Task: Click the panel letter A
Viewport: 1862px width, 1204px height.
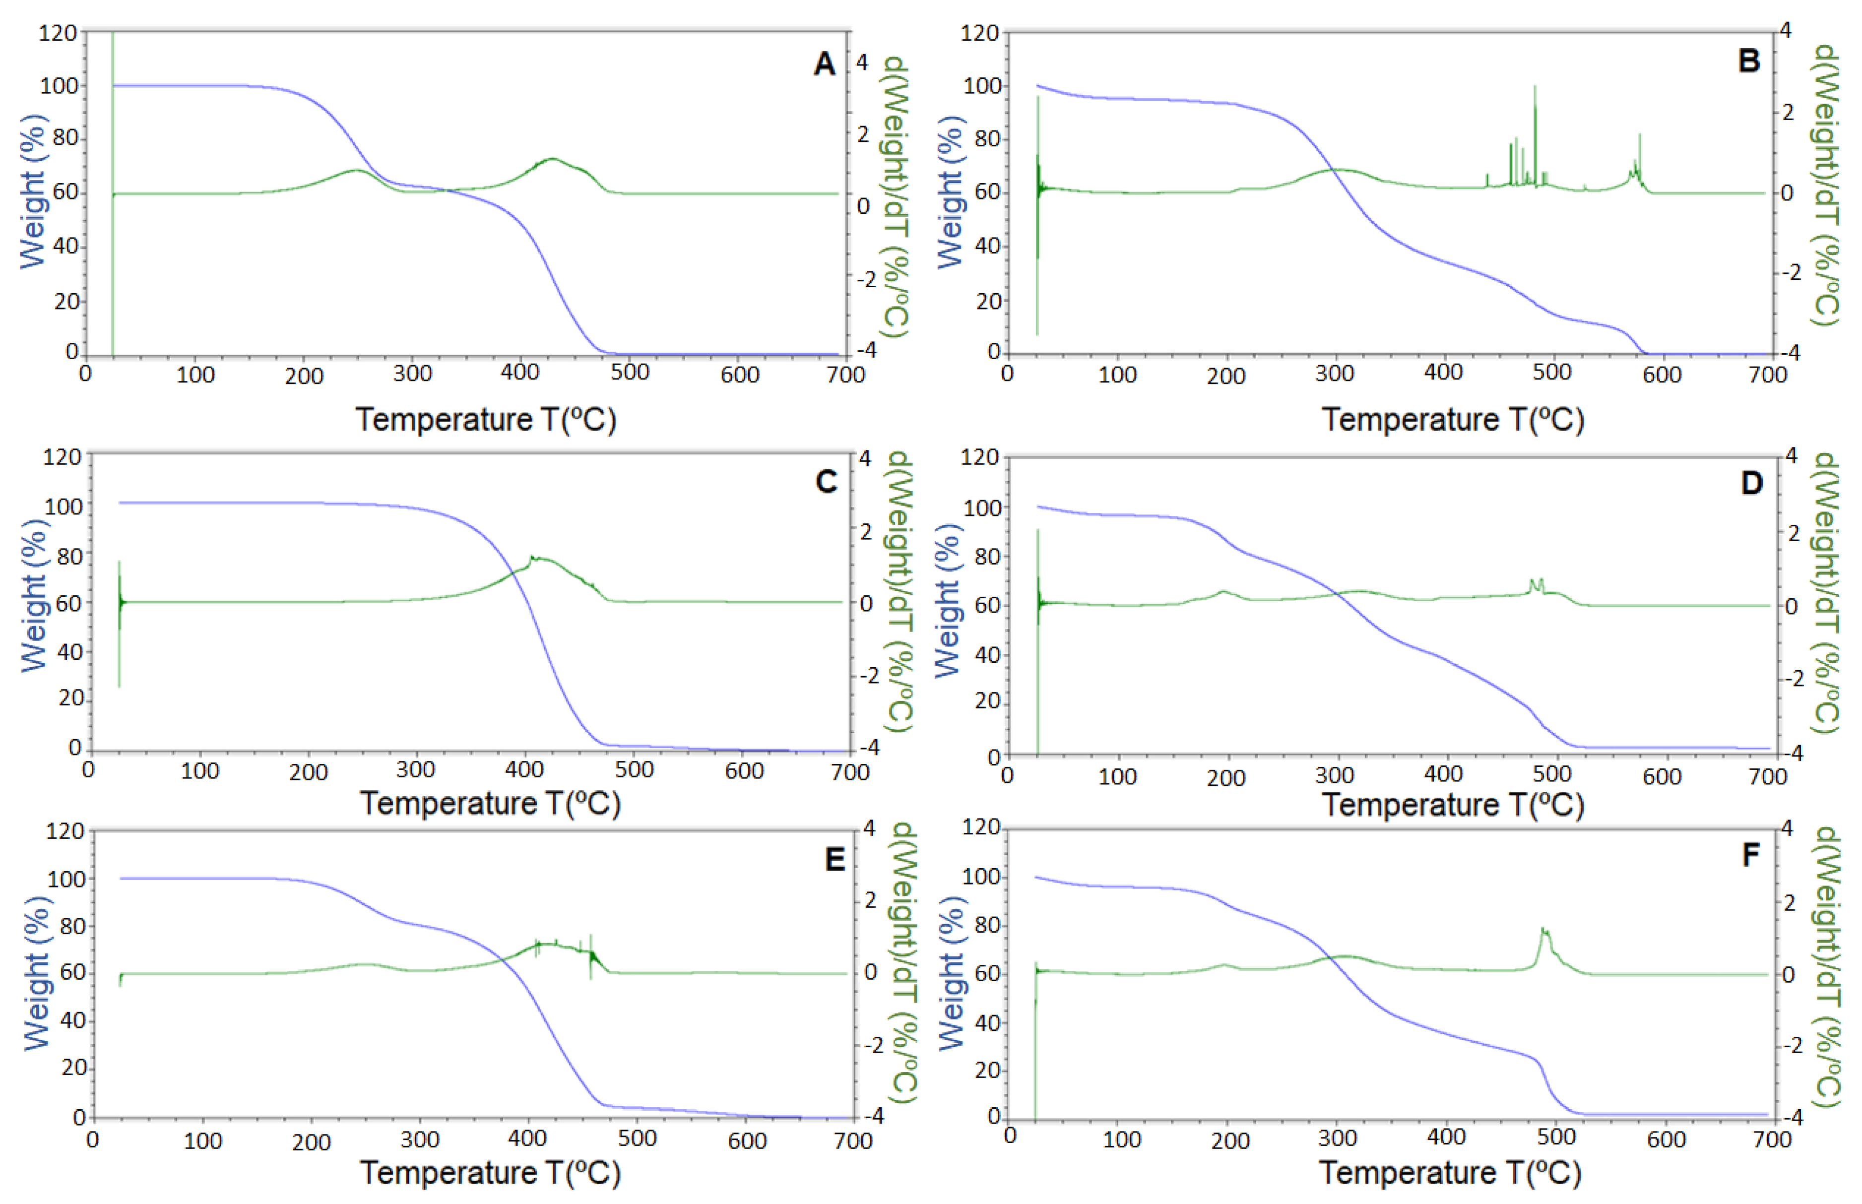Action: click(824, 64)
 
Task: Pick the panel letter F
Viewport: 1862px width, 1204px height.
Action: click(1751, 855)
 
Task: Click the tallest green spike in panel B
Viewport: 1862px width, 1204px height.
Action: click(1535, 88)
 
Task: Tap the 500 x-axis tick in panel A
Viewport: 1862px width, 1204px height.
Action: click(629, 373)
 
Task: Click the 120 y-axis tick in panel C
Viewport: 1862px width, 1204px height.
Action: click(63, 457)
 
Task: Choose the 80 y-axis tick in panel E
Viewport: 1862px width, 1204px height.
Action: click(73, 927)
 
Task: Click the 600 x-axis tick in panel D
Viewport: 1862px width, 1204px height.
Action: click(1661, 776)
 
